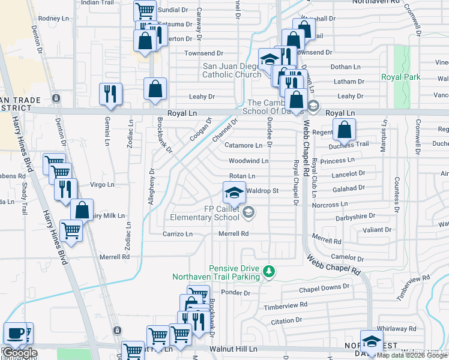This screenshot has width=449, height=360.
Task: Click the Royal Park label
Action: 400,77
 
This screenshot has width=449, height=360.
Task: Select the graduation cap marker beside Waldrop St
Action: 234,193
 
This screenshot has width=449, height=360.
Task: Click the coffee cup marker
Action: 15,334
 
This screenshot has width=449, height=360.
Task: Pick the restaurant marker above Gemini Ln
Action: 110,94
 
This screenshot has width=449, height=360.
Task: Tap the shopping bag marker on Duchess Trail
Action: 344,130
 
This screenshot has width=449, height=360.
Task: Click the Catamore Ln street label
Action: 243,145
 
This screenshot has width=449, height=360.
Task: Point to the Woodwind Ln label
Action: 248,161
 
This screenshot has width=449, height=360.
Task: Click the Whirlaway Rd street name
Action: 396,329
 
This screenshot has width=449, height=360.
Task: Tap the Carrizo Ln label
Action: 178,233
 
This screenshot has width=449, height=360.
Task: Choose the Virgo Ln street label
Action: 101,185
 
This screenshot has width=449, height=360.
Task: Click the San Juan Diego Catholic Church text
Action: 232,70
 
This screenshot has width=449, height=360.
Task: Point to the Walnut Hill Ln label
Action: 233,349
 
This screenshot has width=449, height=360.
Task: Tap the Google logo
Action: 20,353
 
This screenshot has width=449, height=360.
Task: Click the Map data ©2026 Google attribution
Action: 412,355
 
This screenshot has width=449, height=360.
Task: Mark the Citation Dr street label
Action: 286,321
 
